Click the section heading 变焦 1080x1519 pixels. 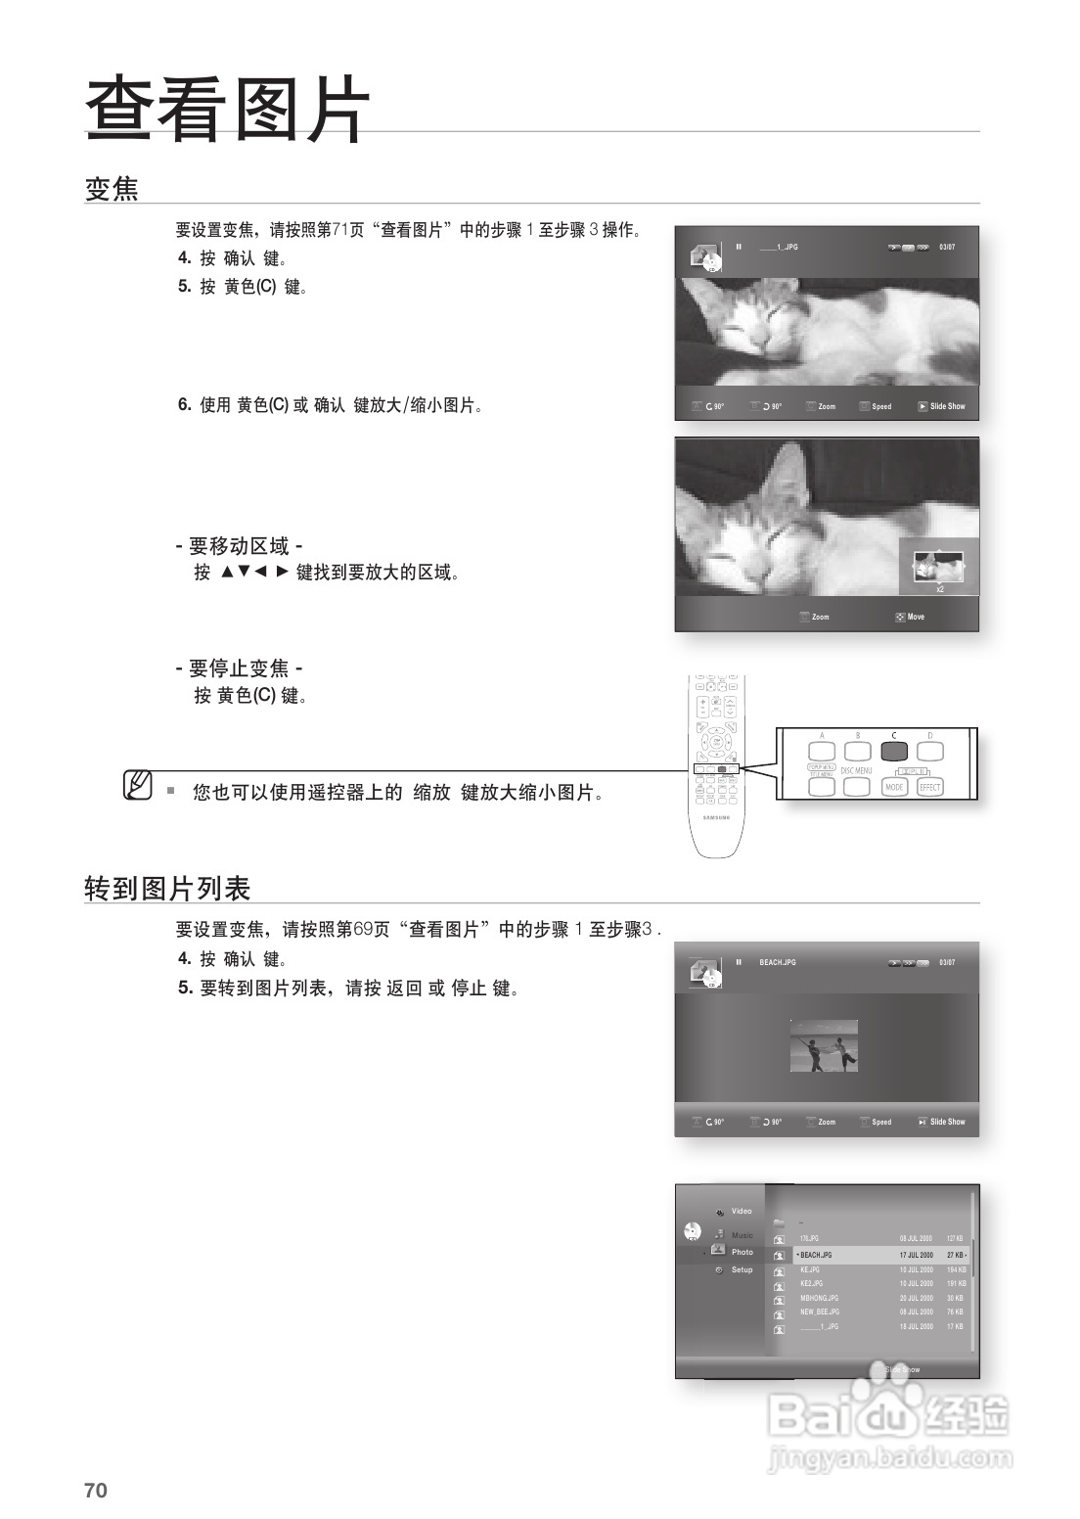[112, 188]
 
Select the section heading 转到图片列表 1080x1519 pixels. [167, 888]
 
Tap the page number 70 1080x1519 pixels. [95, 1491]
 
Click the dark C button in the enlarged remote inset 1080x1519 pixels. [893, 752]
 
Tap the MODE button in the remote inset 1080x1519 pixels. [894, 787]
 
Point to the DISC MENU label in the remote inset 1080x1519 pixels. [856, 771]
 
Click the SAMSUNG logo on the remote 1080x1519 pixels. [717, 816]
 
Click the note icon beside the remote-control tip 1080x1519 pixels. [138, 785]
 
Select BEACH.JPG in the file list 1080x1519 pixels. [816, 1255]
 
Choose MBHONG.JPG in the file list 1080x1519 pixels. [819, 1298]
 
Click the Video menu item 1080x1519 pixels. [742, 1212]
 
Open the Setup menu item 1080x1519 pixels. [742, 1269]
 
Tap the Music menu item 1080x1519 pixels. [742, 1235]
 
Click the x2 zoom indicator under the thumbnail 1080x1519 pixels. [939, 589]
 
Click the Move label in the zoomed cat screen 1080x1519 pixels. [916, 617]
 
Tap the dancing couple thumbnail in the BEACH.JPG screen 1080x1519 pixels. [824, 1045]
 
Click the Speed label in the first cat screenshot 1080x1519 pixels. [881, 406]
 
